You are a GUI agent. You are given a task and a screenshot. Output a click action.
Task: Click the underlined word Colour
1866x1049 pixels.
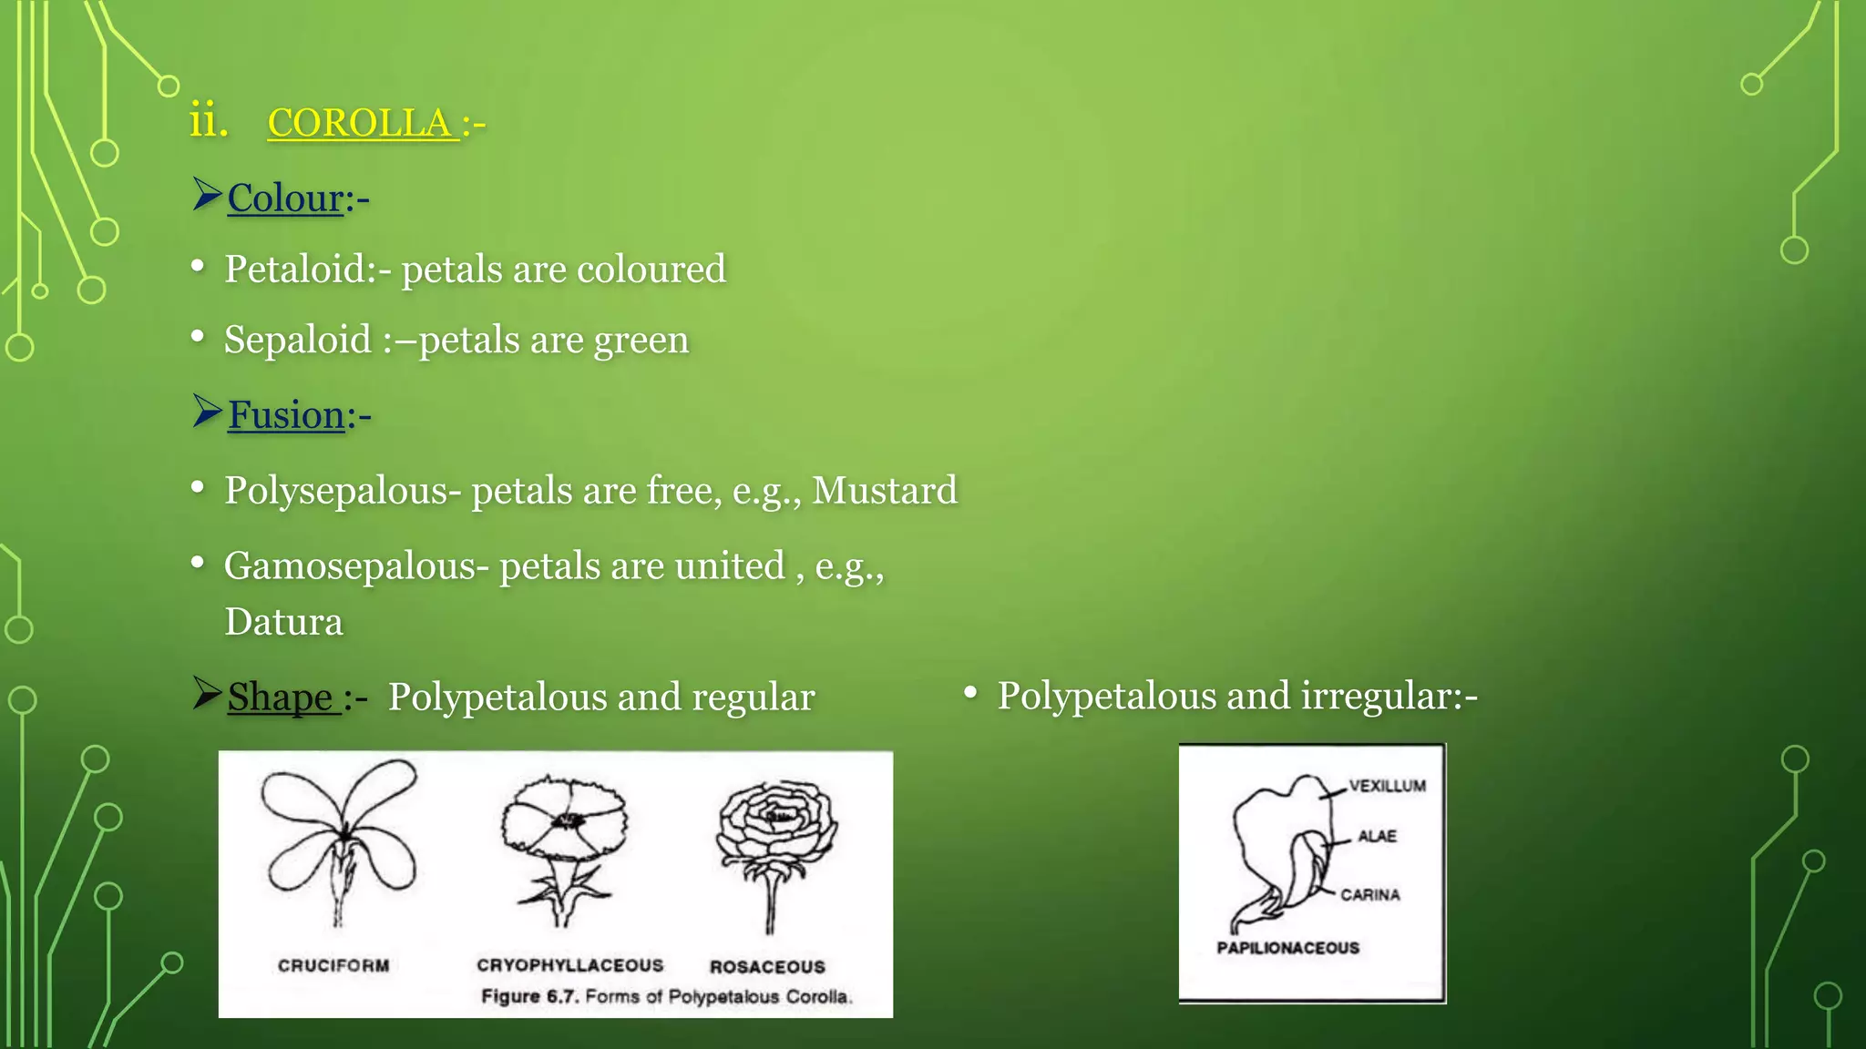(285, 199)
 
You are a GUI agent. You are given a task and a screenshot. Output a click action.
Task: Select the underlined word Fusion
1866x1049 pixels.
(286, 415)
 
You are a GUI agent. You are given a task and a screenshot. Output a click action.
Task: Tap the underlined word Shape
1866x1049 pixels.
(280, 698)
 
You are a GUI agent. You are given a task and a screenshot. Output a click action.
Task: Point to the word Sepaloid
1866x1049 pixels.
(298, 341)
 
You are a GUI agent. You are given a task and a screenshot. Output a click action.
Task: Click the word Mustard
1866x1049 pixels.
(884, 491)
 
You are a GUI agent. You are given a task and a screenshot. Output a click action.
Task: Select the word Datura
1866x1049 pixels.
(283, 623)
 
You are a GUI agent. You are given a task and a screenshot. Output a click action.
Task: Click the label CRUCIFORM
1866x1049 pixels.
(333, 965)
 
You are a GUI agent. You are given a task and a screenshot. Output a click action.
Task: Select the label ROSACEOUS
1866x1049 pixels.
(767, 967)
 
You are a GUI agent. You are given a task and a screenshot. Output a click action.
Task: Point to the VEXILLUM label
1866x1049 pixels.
(1387, 786)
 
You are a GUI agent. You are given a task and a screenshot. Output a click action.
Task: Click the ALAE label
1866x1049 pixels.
(1377, 836)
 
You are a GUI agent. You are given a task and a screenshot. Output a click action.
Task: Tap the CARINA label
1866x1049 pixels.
(1369, 895)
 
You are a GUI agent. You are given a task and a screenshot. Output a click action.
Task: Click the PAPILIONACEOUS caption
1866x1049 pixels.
(1287, 948)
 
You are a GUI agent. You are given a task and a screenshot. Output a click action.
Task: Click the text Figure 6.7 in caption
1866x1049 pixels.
(528, 997)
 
